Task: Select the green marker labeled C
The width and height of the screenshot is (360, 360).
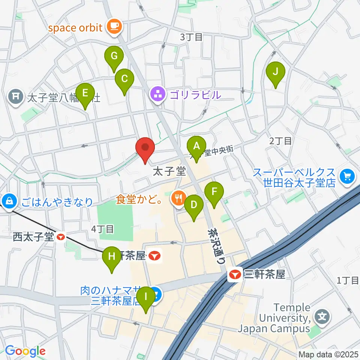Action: (x=124, y=79)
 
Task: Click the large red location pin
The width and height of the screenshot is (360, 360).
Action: (x=145, y=148)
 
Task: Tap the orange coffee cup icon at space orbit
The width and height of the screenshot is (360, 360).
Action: (x=113, y=26)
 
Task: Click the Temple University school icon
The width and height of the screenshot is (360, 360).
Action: (x=322, y=317)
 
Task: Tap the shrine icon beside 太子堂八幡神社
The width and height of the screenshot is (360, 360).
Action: (x=16, y=97)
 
